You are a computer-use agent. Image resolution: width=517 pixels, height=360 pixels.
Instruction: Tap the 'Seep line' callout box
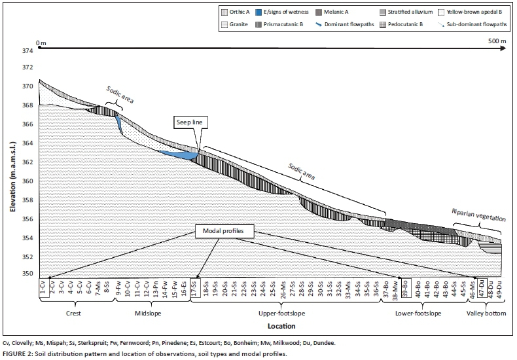(188, 123)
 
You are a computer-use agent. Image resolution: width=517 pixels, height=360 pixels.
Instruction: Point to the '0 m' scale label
(42, 43)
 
